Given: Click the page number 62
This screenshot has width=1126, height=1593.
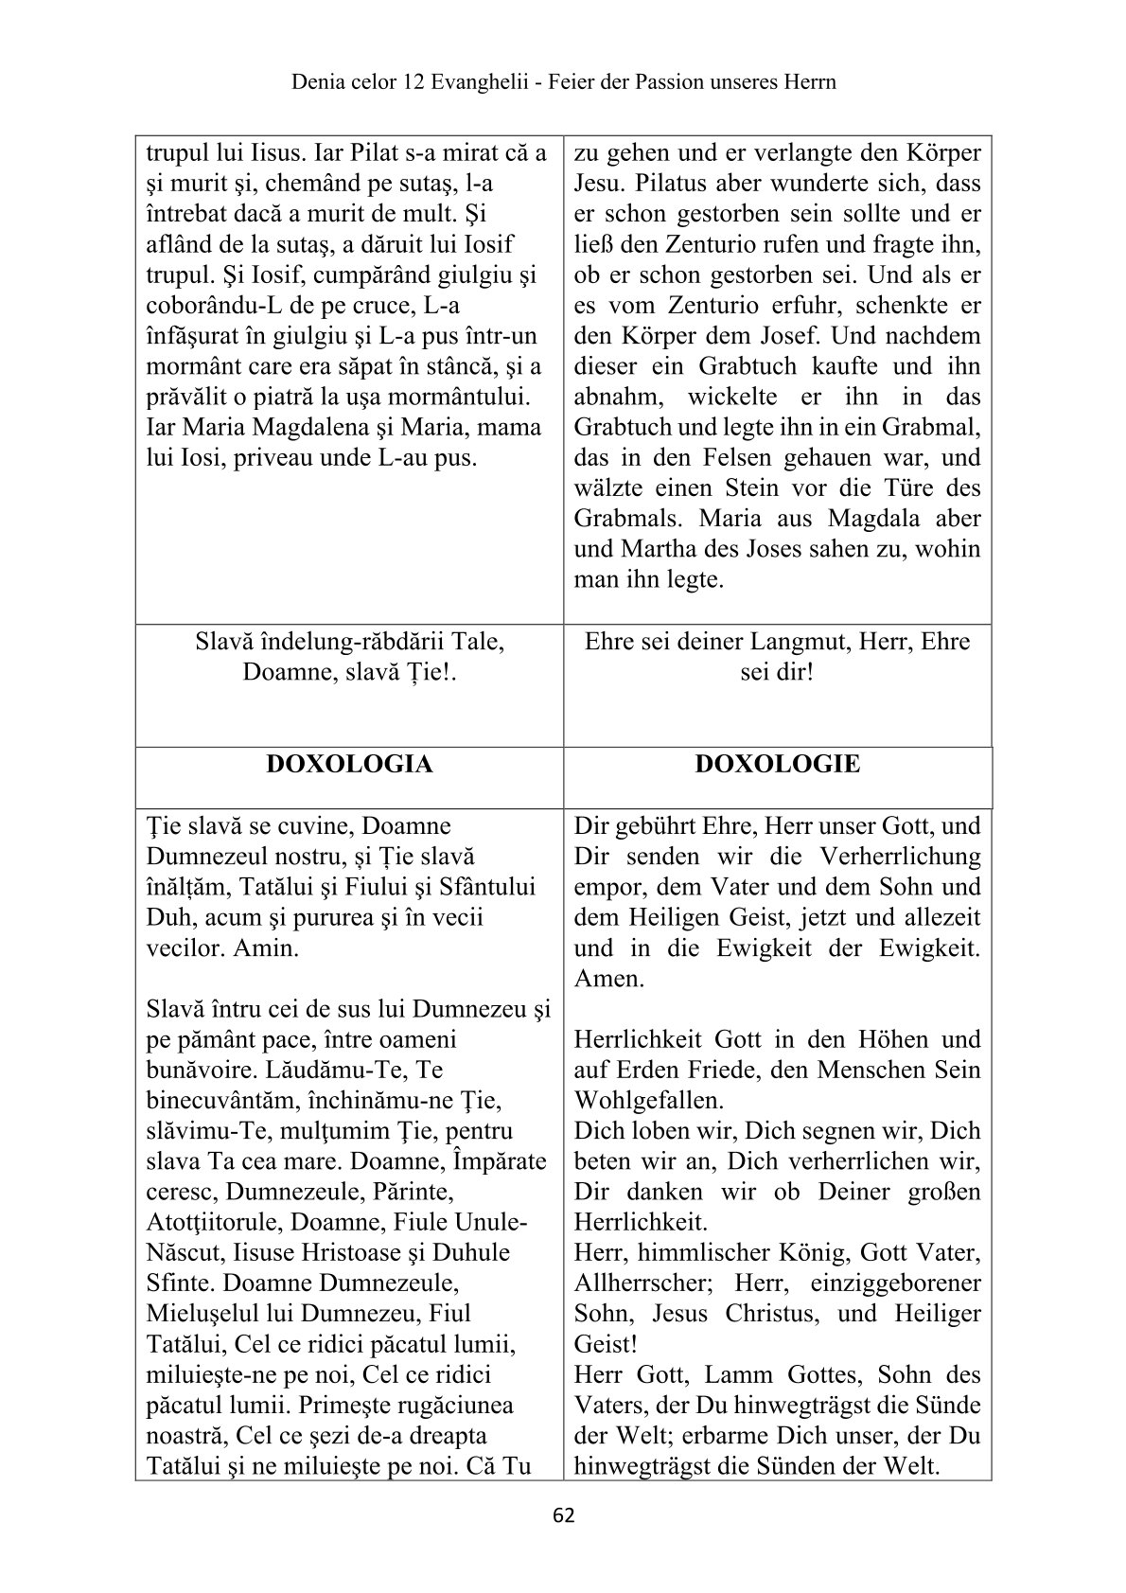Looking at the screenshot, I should coord(563,1515).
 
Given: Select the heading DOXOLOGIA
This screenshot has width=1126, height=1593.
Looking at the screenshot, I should coord(349,764).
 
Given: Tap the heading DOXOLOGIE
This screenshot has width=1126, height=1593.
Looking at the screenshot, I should coord(777,764).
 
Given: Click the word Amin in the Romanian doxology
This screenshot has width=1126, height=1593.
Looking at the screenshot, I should coord(266,948).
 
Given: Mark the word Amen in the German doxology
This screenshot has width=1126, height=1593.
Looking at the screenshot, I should coord(609,979).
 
